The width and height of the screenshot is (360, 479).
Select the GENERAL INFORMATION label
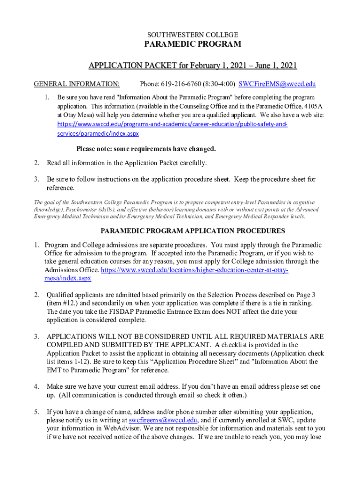[77, 84]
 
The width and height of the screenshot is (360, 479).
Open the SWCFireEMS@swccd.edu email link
[277, 84]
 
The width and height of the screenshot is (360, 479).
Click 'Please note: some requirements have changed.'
[146, 149]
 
